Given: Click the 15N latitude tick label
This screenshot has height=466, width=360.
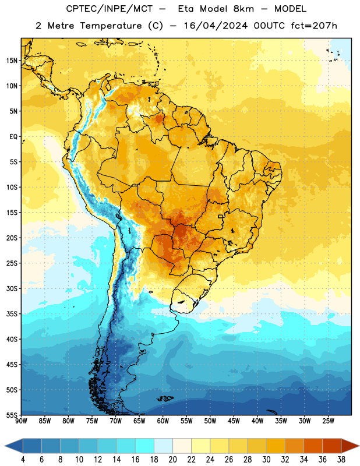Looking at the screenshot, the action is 12,61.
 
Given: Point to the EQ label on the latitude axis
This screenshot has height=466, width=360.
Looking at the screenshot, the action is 13,137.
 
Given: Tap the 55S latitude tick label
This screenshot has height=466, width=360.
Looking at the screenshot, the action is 12,415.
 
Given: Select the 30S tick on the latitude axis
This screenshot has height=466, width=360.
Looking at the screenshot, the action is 12,288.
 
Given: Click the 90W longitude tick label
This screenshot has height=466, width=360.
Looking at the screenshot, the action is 21,421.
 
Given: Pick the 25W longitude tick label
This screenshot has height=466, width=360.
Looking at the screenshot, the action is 328,421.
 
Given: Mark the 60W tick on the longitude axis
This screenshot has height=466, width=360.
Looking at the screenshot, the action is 163,421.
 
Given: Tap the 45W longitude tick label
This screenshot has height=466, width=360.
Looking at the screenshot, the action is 234,421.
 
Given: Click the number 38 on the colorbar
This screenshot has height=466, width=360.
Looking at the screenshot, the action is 341,460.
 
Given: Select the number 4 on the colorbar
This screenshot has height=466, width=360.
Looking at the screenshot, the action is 23,460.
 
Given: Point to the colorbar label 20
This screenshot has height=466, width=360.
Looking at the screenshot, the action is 172,460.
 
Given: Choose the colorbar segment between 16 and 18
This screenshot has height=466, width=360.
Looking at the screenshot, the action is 145,446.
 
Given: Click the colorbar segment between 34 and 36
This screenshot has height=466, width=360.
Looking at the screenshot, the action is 313,446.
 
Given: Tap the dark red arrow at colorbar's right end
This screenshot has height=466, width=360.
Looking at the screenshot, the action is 350,446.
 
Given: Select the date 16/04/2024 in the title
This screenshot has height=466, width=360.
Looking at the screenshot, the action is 216,26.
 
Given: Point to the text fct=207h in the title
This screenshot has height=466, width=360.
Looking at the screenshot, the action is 314,26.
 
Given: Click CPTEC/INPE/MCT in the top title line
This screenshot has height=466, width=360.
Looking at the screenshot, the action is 109,9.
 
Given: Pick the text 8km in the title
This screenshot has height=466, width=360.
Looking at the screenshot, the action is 243,9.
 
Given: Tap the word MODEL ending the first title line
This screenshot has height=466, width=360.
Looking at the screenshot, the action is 290,9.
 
